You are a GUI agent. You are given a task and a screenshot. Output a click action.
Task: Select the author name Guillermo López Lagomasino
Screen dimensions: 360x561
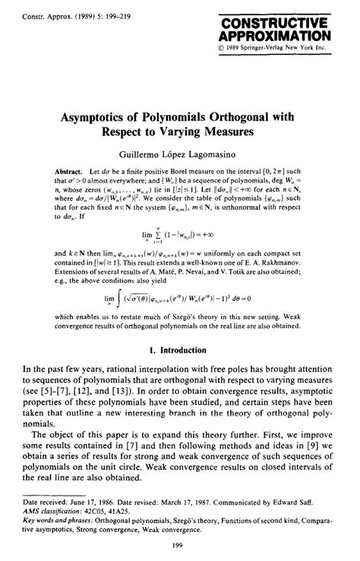click(x=180, y=153)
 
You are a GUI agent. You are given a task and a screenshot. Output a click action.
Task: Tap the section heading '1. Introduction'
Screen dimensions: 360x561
click(x=179, y=350)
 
